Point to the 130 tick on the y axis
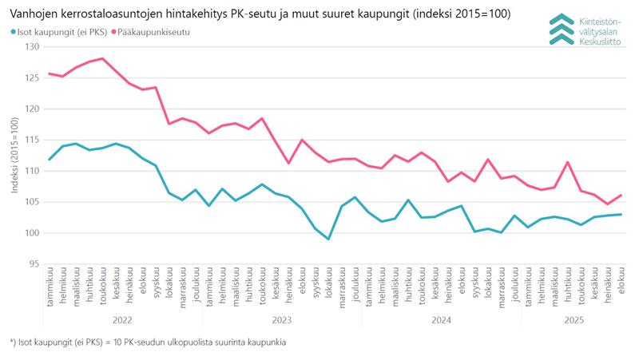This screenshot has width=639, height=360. [31, 46]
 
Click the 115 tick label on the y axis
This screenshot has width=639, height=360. [31, 140]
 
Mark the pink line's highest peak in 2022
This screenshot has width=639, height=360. [103, 58]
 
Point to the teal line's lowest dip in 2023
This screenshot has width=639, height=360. [328, 239]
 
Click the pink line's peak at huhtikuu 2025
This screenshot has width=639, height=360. [567, 162]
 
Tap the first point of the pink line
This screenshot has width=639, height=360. [50, 73]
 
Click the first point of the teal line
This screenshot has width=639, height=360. [50, 159]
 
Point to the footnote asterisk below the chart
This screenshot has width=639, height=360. [12, 342]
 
